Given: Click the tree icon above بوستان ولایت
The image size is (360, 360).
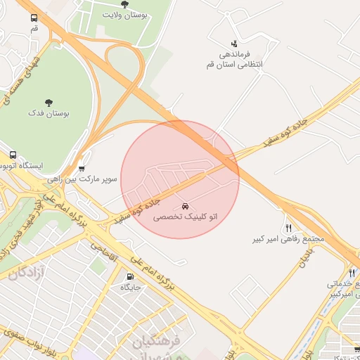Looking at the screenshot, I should click(x=124, y=4).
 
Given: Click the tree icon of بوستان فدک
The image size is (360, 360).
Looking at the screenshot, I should click(x=49, y=103).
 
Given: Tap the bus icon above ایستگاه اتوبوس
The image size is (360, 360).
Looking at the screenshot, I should click(x=13, y=155).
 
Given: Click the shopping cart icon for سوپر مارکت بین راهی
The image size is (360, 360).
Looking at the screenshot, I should click(x=82, y=169).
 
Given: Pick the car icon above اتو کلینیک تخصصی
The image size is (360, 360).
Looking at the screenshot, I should click(x=185, y=207).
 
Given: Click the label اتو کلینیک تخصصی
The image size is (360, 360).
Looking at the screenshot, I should click(x=185, y=219).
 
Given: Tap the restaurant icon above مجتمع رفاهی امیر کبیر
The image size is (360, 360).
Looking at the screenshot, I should click(x=288, y=228).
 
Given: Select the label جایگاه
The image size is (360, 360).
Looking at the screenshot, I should click(x=131, y=287).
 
